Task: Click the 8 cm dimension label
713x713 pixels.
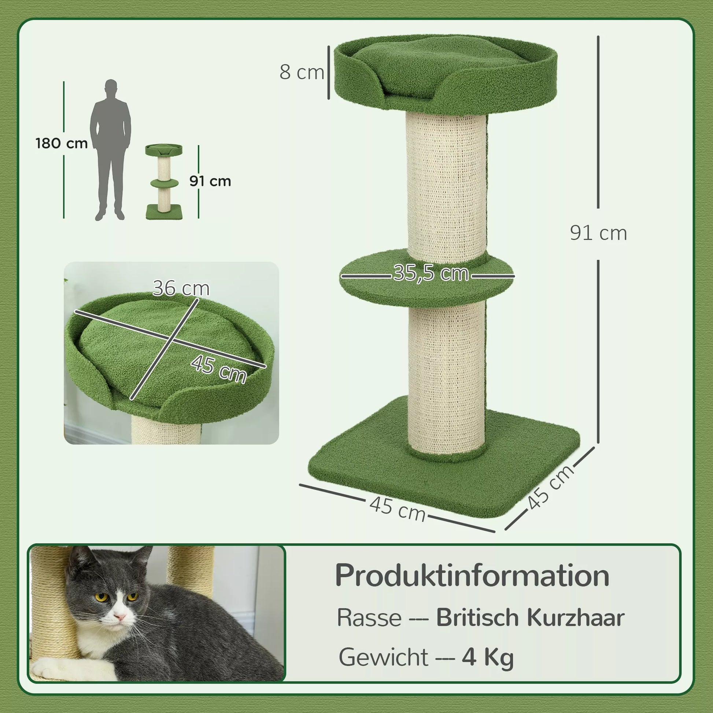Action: (302, 72)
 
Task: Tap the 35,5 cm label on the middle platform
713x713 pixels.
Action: (431, 273)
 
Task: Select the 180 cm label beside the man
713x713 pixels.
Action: (62, 143)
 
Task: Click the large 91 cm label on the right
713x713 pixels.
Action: (598, 233)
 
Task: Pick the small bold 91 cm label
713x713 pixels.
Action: (210, 181)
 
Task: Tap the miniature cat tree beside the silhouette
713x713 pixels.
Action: (164, 182)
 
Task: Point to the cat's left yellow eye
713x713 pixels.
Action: (101, 597)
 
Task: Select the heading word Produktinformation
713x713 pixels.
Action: (472, 575)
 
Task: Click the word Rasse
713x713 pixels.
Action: (369, 617)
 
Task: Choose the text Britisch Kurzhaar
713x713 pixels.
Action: (530, 617)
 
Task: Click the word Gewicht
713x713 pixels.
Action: (384, 657)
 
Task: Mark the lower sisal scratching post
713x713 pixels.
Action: (447, 378)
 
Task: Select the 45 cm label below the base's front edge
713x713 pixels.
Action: (398, 509)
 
